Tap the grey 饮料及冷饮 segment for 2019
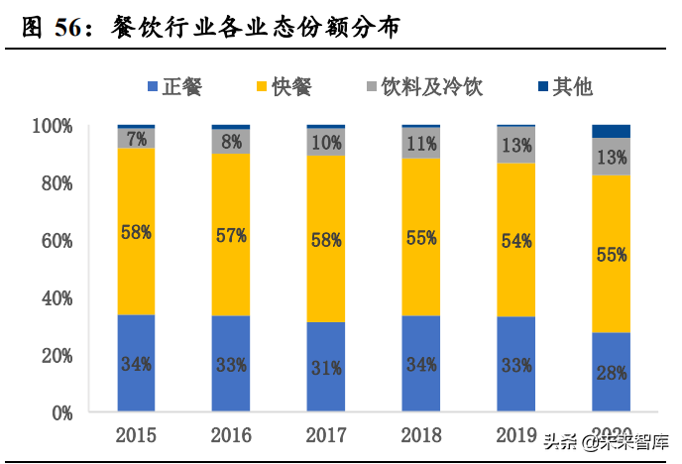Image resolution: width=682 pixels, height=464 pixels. click(516, 145)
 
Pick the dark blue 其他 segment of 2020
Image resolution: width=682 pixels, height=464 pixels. click(611, 131)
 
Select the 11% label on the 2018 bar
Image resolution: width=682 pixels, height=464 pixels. click(421, 143)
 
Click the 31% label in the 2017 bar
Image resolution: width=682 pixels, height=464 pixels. click(326, 367)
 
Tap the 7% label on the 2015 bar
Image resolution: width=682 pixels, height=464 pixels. click(136, 138)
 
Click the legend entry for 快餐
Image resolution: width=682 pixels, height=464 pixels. click(284, 86)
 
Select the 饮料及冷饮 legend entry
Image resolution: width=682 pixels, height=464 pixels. click(427, 86)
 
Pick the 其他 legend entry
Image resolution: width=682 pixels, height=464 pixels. click(563, 86)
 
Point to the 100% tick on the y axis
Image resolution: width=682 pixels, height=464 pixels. click(53, 126)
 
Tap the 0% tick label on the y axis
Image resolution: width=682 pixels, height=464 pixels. click(60, 411)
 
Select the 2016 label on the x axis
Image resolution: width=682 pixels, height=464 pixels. click(231, 435)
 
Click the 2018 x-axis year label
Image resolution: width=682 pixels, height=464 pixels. click(421, 435)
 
